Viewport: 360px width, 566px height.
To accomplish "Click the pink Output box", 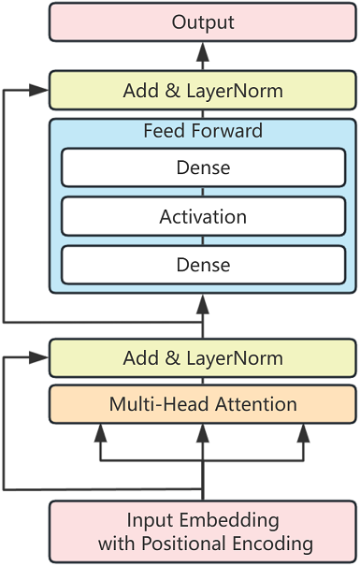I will click(203, 22).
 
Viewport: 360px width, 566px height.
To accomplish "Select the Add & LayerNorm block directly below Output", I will click(203, 91).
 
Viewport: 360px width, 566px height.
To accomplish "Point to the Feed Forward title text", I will click(203, 131).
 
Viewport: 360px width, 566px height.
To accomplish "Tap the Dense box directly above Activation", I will click(203, 168).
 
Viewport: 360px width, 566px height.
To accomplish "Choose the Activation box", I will click(203, 217).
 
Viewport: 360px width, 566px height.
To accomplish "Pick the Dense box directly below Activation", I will click(203, 265).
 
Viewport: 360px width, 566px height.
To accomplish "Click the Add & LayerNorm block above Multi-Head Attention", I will click(203, 358).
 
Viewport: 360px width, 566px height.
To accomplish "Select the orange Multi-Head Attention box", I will click(203, 404).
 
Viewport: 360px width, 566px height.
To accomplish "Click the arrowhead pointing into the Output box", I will click(203, 49).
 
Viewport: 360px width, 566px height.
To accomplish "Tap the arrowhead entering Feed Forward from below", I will click(203, 301).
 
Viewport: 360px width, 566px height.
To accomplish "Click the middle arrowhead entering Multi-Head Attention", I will click(203, 431).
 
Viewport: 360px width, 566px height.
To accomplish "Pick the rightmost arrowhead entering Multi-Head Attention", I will click(304, 431).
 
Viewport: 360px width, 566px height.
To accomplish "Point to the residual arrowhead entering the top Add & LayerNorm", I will click(40, 91).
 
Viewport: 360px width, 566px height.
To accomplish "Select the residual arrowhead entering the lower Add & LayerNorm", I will click(40, 358).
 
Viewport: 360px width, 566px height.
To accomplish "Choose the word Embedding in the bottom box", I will click(226, 520).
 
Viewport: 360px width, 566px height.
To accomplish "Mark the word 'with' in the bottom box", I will click(115, 544).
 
